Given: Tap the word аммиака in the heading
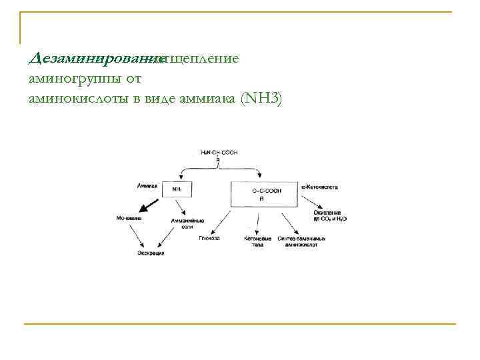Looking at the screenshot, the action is [220, 99].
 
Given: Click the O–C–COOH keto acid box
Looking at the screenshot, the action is [267, 195].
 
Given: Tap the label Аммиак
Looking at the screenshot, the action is [147, 186].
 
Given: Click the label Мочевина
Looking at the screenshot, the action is [129, 219].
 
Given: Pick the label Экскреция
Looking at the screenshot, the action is [151, 253].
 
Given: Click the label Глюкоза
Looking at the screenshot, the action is [209, 238].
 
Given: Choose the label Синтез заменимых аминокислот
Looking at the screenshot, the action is [305, 241].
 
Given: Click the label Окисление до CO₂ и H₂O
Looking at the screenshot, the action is [329, 215].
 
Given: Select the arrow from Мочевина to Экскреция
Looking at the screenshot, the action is [137, 235].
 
